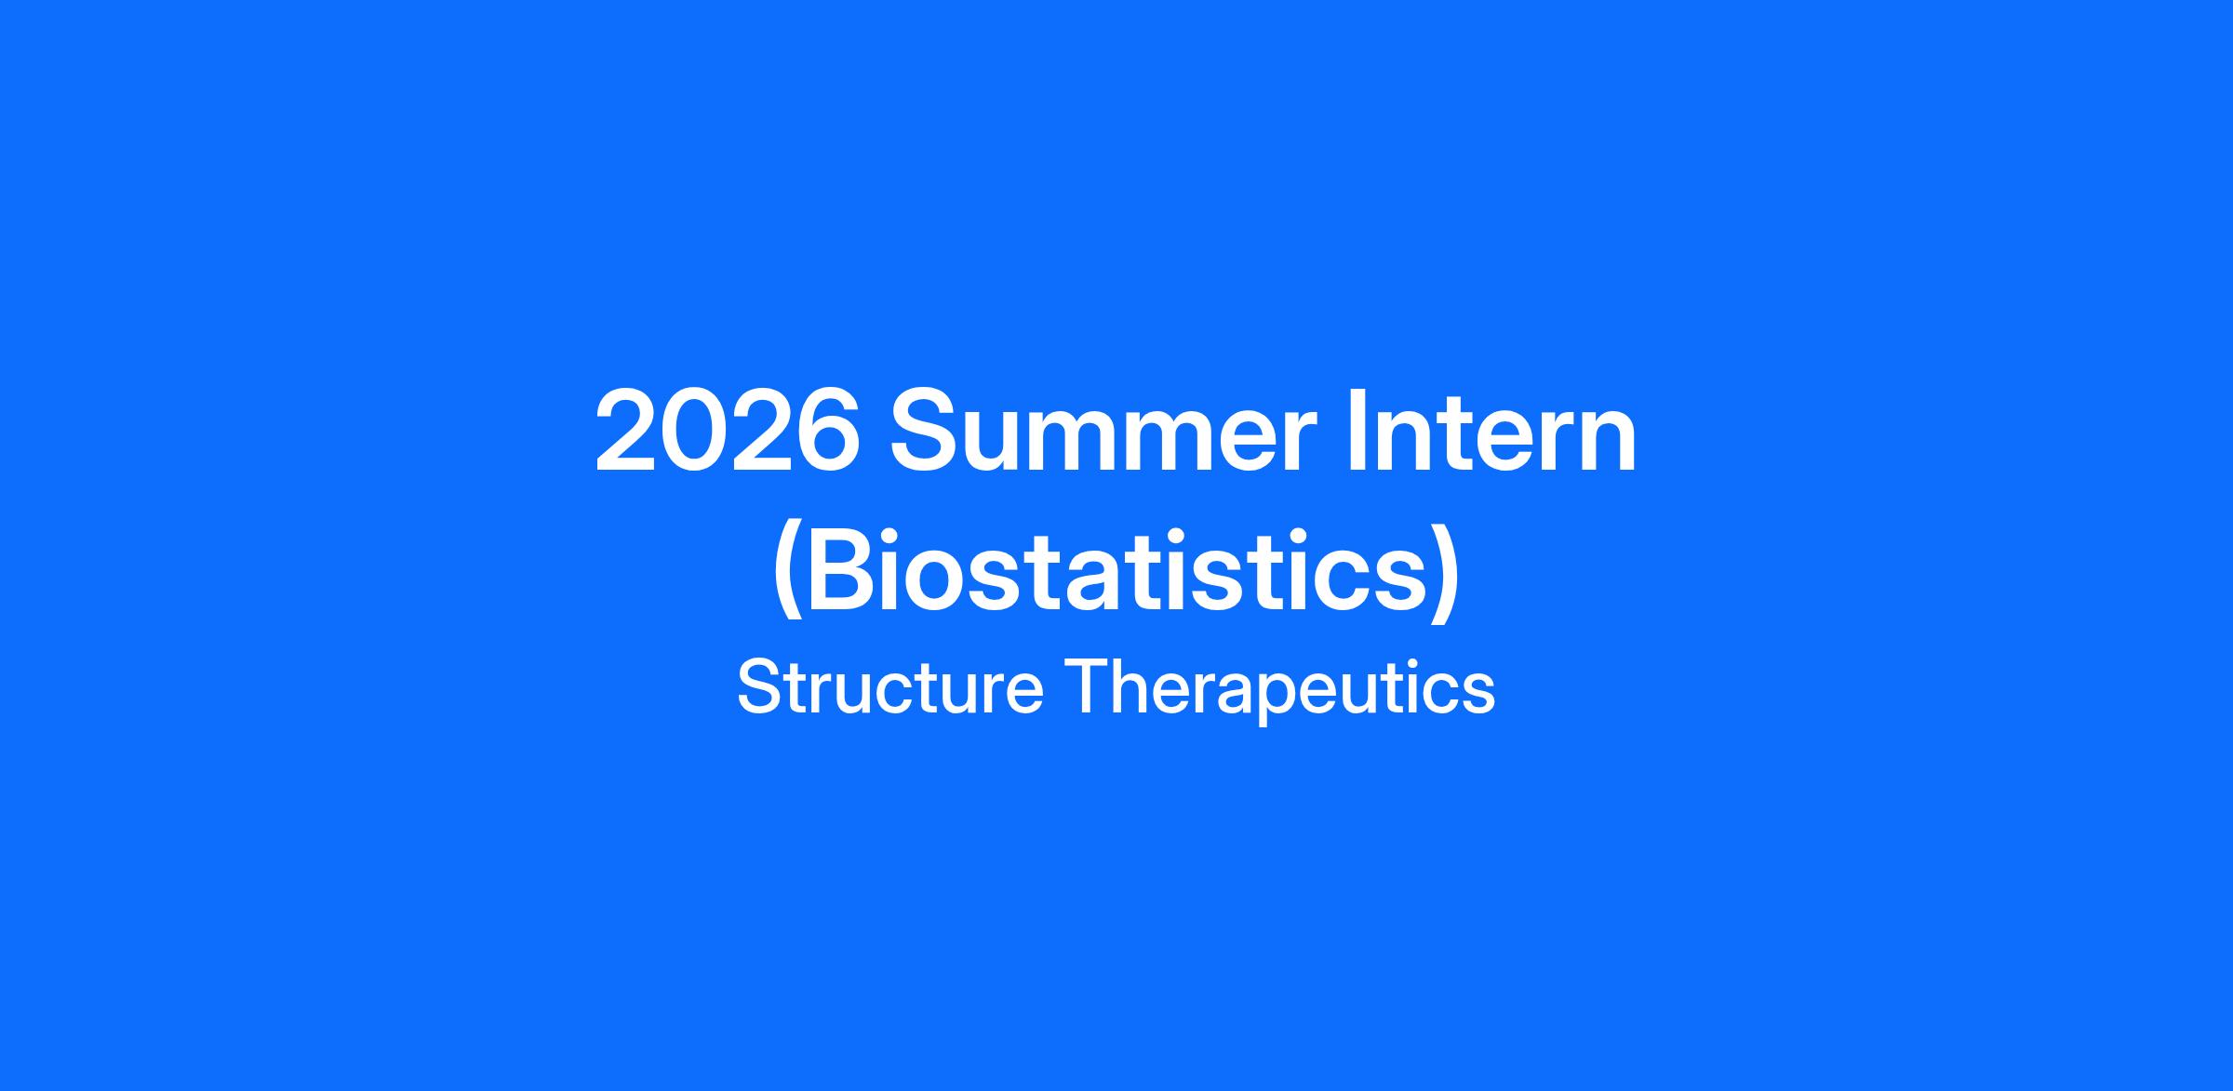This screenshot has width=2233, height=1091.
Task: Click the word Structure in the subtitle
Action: (889, 688)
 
